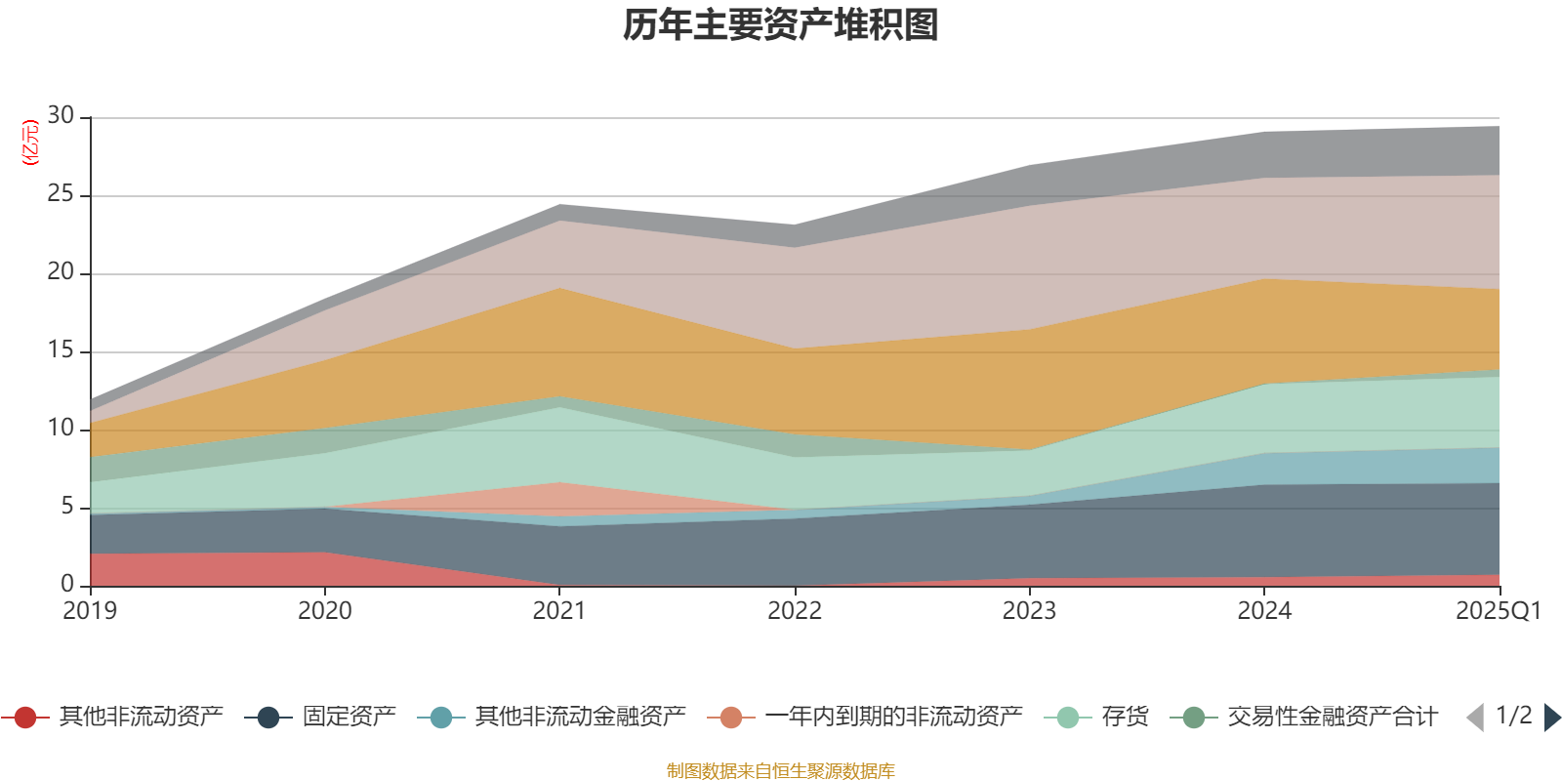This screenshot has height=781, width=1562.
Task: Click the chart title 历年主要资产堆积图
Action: [x=781, y=25]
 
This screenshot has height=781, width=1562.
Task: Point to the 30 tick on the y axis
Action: [x=61, y=116]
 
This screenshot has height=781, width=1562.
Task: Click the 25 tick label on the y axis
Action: [x=61, y=194]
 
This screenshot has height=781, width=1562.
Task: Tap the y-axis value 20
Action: [x=61, y=272]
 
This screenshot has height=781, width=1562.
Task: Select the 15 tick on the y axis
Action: [x=61, y=350]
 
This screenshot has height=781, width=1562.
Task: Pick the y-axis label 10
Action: [x=61, y=429]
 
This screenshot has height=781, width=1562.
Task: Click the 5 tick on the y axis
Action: [x=67, y=507]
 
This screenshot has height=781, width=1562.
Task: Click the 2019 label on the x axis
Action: [x=90, y=611]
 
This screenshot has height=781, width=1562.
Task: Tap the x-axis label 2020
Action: [x=324, y=611]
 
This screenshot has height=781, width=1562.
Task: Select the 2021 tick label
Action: [x=559, y=611]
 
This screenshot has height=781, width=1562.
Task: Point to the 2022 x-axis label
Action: [x=795, y=611]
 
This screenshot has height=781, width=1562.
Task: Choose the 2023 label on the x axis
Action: [x=1029, y=611]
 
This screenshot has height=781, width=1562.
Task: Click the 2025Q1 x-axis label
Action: [x=1498, y=611]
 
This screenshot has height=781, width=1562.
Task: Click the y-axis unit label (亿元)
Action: [x=30, y=143]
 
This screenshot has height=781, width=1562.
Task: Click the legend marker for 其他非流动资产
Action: [x=25, y=718]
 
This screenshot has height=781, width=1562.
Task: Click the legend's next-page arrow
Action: [x=1551, y=718]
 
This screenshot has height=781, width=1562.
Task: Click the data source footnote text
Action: [x=781, y=771]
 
